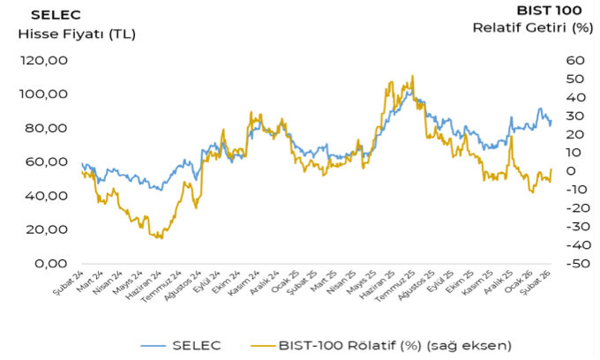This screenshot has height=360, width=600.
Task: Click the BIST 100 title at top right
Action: tap(550, 11)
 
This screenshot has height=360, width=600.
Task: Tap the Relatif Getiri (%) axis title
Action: tap(532, 27)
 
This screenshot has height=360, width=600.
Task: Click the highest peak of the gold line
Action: tap(411, 76)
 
